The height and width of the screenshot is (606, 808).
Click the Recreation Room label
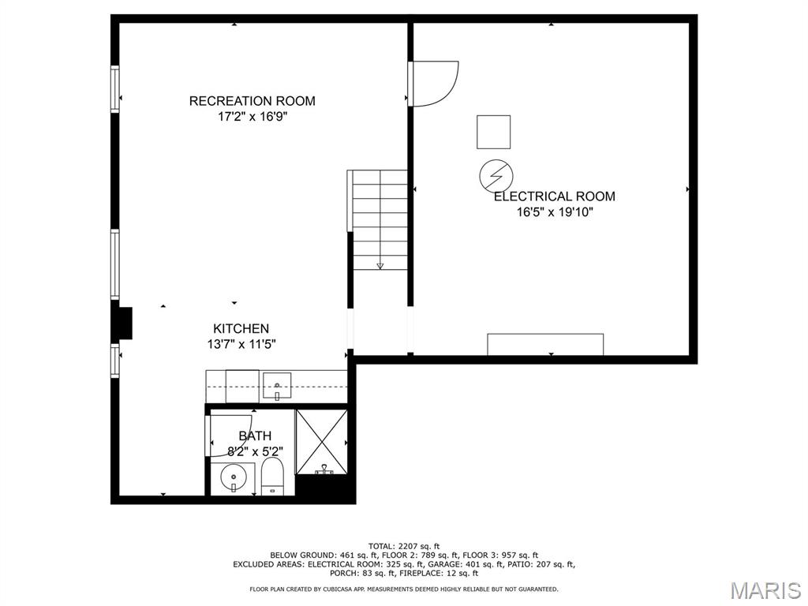pos(252,100)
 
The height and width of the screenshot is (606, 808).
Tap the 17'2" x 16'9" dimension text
pos(252,117)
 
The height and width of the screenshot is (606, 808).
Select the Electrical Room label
pos(555,196)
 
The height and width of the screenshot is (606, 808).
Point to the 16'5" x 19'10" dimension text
pos(555,211)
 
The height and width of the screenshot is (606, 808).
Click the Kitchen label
pos(241,328)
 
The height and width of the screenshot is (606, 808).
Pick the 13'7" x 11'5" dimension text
pos(241,344)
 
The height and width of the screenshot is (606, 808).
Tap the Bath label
pos(255,436)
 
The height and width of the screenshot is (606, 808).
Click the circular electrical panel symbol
pos(496,176)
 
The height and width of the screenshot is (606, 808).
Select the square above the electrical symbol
pos(494,132)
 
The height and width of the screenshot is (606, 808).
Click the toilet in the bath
pos(272,477)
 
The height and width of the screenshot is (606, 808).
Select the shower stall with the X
pos(321,442)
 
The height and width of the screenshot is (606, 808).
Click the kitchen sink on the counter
pos(277,385)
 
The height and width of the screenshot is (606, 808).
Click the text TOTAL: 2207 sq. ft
pos(404,546)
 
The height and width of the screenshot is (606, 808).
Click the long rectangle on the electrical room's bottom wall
pos(545,345)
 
